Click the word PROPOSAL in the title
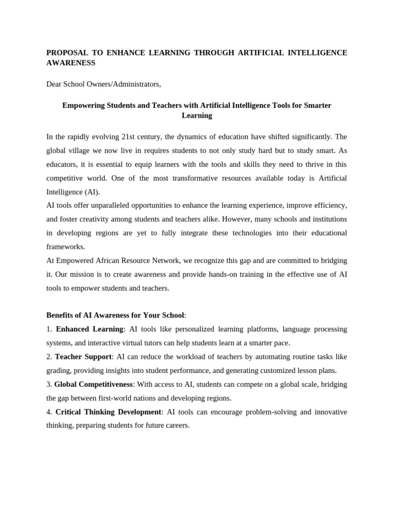point(67,53)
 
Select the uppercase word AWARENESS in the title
point(71,63)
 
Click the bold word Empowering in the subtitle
point(83,105)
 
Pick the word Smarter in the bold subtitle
point(318,105)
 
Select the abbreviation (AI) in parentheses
point(90,192)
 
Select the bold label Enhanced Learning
point(89,329)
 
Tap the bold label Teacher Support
point(83,356)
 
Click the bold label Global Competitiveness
point(93,384)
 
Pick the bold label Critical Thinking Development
point(108,412)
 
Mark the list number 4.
point(49,412)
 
